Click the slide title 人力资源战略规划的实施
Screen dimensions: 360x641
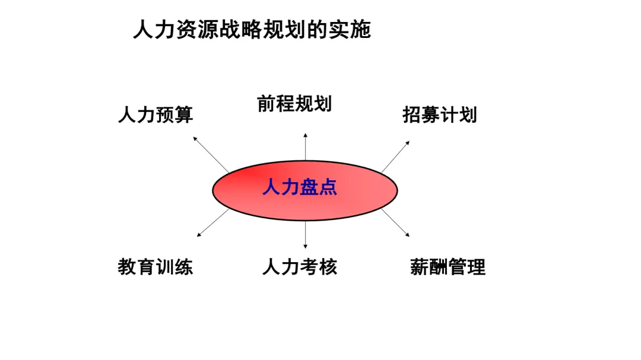click(252, 30)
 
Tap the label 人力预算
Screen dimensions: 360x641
click(156, 114)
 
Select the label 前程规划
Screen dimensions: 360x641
click(294, 104)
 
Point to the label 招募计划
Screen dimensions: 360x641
click(440, 114)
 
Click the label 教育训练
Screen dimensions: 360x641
click(156, 267)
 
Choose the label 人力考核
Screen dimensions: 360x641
click(300, 267)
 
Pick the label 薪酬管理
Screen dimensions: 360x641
click(448, 267)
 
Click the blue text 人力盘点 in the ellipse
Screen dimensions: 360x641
click(300, 187)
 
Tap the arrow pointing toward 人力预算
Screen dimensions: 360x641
click(211, 154)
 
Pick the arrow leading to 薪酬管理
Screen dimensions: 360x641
click(395, 223)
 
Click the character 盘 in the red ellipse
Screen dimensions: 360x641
click(309, 187)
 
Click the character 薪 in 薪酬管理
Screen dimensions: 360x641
click(420, 267)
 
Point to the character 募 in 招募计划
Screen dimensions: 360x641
click(430, 114)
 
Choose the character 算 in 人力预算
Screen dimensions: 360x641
click(184, 114)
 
